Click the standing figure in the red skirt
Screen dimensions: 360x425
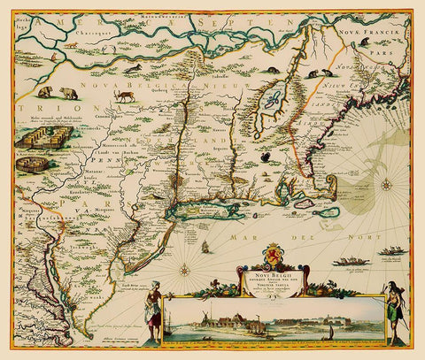(152, 301)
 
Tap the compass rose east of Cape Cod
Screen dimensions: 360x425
(386, 186)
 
